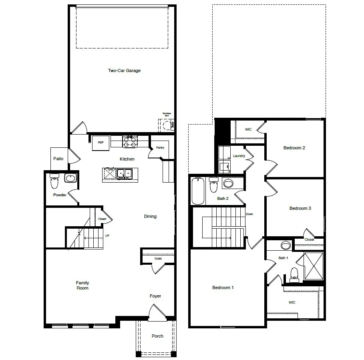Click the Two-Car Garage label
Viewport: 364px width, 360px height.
click(x=124, y=70)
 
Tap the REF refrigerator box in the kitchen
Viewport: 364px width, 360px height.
click(x=101, y=143)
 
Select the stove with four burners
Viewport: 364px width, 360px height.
click(x=129, y=141)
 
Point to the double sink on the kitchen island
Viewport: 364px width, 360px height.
click(x=124, y=173)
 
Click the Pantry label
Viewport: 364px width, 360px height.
click(x=160, y=148)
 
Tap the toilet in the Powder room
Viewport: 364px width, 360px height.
click(x=54, y=182)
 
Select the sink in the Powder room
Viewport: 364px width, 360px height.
click(x=70, y=178)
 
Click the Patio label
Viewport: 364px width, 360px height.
click(x=58, y=159)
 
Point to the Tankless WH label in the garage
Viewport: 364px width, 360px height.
click(x=167, y=115)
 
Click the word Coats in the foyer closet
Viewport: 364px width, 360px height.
click(x=158, y=259)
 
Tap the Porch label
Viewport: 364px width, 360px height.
click(x=157, y=336)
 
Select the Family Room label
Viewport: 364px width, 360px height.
click(x=82, y=285)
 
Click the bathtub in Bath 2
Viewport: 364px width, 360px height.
click(x=198, y=191)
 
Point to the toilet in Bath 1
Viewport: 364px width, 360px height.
click(x=294, y=274)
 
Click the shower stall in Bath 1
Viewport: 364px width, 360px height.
click(x=314, y=266)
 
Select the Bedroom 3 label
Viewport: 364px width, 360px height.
click(x=300, y=208)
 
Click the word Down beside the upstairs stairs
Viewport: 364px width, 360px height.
click(x=249, y=214)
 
